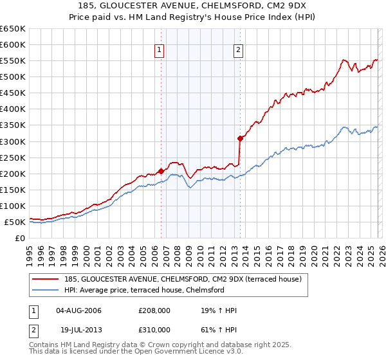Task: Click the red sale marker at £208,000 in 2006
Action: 161,171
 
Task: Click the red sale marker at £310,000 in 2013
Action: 239,138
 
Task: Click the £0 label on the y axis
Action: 19,239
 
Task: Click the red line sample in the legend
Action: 46,279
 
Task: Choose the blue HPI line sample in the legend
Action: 46,290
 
